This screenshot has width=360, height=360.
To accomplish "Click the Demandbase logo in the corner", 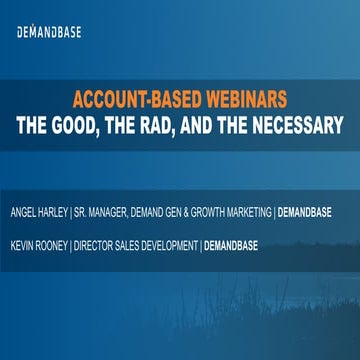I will (x=49, y=32).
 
